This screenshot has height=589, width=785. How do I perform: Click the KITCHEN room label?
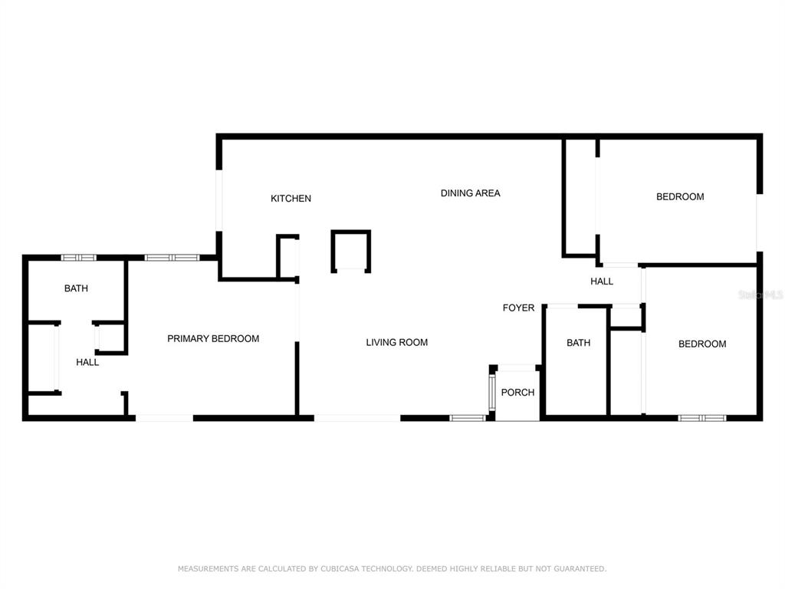291,199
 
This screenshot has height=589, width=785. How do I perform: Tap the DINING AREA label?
470,193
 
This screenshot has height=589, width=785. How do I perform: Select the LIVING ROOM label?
396,343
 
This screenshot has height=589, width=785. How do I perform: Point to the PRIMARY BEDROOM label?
213,338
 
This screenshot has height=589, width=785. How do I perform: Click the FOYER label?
518,308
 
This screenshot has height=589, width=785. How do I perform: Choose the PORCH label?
517,392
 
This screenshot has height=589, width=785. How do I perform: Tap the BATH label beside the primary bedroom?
76,288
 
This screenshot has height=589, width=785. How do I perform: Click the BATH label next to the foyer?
578,343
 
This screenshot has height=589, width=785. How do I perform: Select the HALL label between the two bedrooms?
602,281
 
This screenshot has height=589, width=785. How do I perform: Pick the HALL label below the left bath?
87,362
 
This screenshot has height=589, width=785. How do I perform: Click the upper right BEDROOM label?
680,197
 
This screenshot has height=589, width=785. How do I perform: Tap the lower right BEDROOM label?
702,344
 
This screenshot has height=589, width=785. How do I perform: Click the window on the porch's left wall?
492,392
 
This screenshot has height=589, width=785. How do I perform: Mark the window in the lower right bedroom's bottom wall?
702,418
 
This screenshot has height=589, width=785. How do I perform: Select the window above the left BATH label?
79,258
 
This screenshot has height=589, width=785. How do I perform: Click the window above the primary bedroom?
172,258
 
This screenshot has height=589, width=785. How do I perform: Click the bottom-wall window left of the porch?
468,418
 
